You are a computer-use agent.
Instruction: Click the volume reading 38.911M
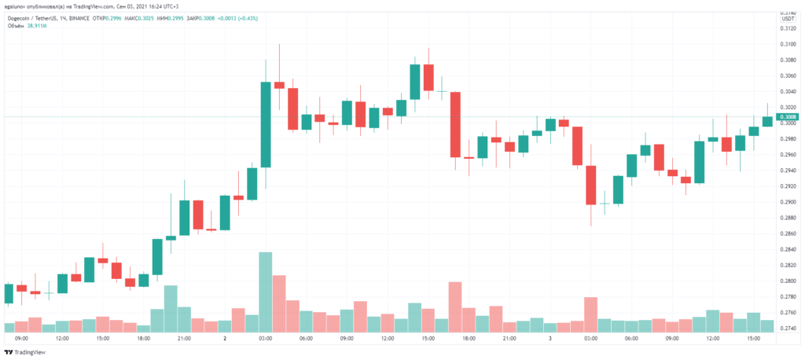[x=37, y=24]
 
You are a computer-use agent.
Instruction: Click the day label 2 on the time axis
[x=225, y=339]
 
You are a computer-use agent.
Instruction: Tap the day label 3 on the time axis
[x=550, y=339]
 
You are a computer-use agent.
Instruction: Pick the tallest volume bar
[x=266, y=292]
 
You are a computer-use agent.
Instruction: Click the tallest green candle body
[x=266, y=124]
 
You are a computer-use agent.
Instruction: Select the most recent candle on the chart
[x=766, y=121]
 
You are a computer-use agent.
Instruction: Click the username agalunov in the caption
[x=17, y=6]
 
